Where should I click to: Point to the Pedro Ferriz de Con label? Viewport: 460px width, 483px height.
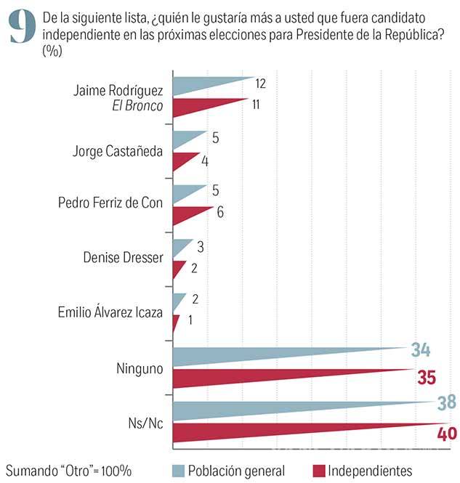[110, 203]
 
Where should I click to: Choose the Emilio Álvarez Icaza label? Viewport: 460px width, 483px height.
[110, 313]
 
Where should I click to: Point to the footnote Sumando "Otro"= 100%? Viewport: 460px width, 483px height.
[69, 470]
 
